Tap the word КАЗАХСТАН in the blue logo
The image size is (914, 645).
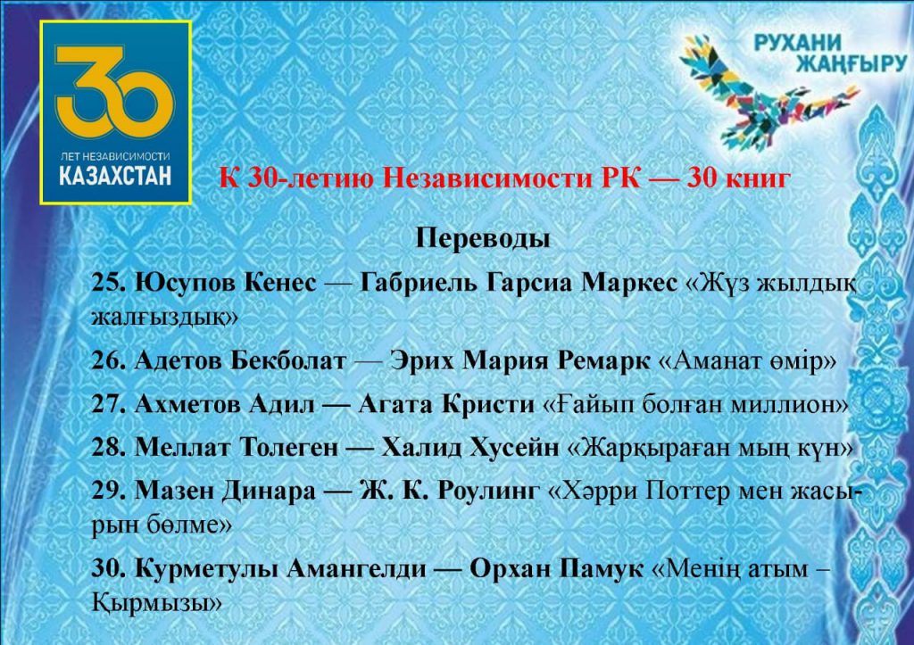point(115,176)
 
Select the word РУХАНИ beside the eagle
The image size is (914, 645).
point(798,42)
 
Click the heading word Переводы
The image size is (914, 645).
point(483,238)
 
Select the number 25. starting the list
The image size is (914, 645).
point(109,283)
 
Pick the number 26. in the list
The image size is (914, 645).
point(109,361)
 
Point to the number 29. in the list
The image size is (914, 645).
point(109,492)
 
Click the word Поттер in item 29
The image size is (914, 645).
point(684,492)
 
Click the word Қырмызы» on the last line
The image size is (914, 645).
point(157,602)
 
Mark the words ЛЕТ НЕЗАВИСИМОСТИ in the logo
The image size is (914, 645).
point(115,156)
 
